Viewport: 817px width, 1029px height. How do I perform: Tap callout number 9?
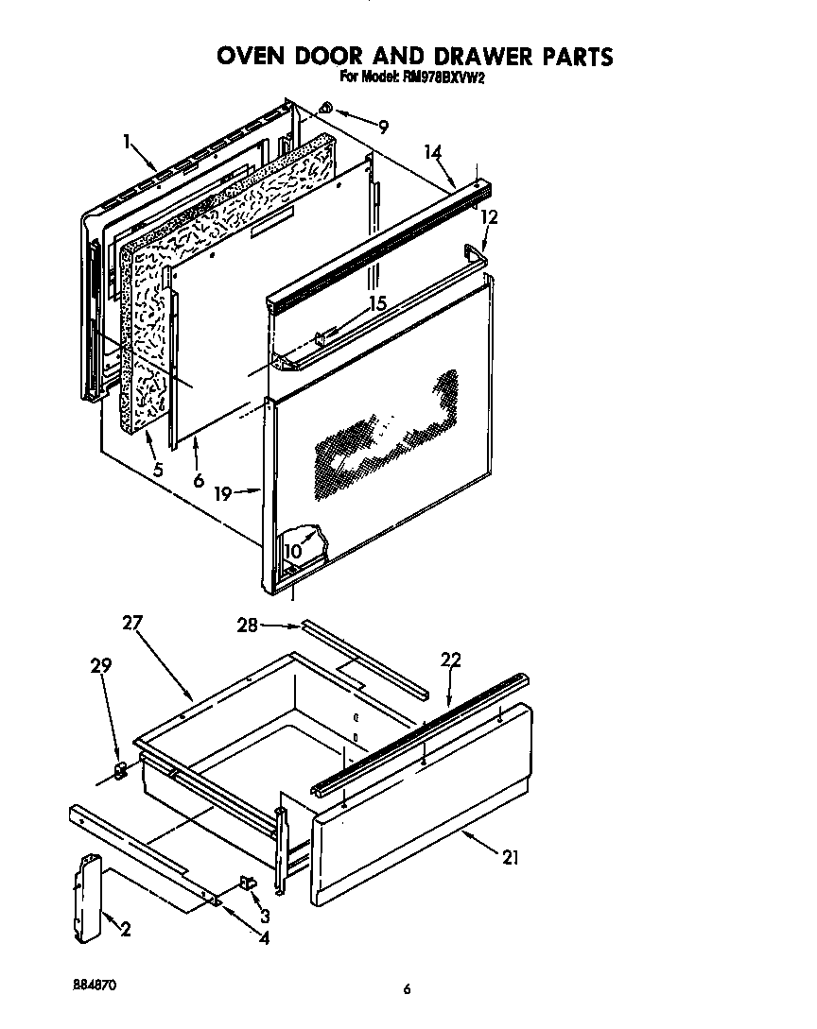click(x=382, y=127)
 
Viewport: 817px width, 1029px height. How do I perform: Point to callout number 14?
click(x=432, y=152)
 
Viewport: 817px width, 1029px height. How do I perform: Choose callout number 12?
click(x=489, y=216)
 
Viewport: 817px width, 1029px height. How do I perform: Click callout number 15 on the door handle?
click(x=377, y=304)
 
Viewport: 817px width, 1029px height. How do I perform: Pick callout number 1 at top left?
click(x=127, y=142)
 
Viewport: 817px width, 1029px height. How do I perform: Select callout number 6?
click(x=198, y=479)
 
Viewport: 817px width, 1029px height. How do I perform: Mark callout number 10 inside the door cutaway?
click(x=292, y=550)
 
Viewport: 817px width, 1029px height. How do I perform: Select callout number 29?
click(x=100, y=666)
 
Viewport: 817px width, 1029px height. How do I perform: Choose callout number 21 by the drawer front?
click(x=511, y=858)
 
